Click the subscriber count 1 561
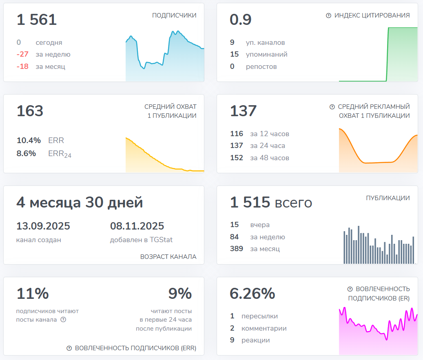(36, 20)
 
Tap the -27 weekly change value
(22, 55)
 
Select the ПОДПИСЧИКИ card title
(174, 15)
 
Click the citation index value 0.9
(241, 20)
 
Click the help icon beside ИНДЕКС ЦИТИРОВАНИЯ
(328, 15)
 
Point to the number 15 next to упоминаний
(234, 55)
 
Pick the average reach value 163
(30, 111)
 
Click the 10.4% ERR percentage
(29, 141)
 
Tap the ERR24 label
(60, 154)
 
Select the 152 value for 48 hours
(237, 158)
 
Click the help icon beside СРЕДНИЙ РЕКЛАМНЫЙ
(332, 107)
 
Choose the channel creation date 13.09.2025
(43, 226)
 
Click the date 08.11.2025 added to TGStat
(137, 226)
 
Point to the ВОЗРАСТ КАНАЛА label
(168, 257)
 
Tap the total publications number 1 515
(250, 202)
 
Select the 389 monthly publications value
(237, 249)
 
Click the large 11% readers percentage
(33, 294)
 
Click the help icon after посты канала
(63, 320)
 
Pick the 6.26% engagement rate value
(252, 294)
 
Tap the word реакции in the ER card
(256, 340)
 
